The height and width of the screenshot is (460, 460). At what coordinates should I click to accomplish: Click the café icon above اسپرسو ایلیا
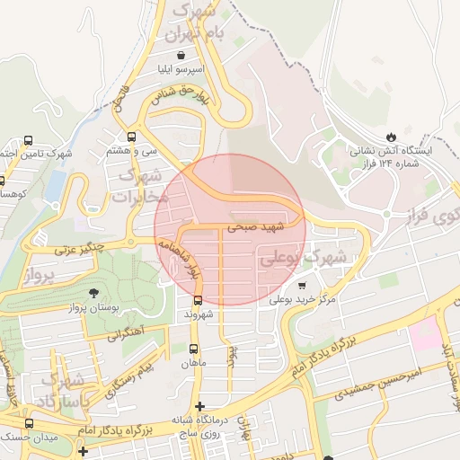[x=182, y=54]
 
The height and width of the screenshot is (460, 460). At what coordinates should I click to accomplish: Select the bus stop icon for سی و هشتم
[x=132, y=137]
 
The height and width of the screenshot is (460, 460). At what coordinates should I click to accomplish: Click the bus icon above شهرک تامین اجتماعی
[x=29, y=140]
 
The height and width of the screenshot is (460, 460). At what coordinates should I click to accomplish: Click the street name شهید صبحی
[x=256, y=228]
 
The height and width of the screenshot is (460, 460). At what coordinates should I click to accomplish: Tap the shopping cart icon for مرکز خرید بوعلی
[x=301, y=285]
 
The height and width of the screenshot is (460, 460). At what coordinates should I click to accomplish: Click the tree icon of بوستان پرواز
[x=94, y=293]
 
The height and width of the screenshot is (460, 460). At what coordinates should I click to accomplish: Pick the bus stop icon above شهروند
[x=197, y=301]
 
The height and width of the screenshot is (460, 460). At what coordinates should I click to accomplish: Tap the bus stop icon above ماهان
[x=194, y=348]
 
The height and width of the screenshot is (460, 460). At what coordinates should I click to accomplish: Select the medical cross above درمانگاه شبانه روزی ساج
[x=199, y=406]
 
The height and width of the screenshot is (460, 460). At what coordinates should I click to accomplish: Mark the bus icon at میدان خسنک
[x=29, y=423]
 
